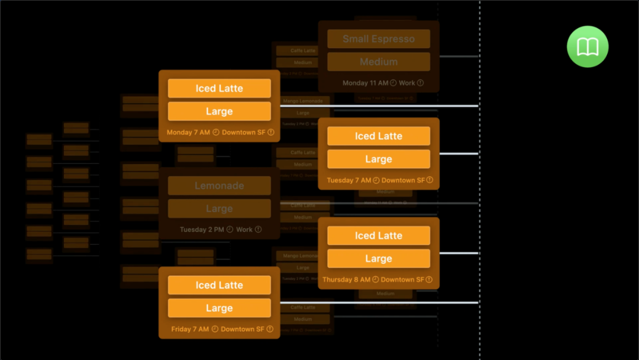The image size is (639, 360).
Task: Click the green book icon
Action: click(x=588, y=47)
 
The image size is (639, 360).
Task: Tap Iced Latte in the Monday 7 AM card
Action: click(x=219, y=88)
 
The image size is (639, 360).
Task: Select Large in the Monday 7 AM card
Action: click(x=219, y=111)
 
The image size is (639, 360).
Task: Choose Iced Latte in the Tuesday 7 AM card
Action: click(x=379, y=136)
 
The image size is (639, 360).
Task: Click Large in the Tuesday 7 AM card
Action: click(x=379, y=159)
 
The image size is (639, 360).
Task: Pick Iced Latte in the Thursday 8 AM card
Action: click(x=379, y=236)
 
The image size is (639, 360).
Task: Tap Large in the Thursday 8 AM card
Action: click(x=379, y=259)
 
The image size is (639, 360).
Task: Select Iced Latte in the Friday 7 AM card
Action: click(x=219, y=285)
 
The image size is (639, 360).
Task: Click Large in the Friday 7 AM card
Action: click(x=219, y=308)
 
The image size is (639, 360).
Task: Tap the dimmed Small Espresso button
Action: click(x=379, y=39)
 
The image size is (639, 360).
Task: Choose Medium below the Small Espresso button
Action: click(x=379, y=62)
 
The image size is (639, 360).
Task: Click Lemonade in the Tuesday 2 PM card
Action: click(x=219, y=186)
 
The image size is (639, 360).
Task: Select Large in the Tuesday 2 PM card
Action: click(x=219, y=208)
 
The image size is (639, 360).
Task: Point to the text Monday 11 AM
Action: click(x=365, y=83)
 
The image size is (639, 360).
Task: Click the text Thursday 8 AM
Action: click(x=346, y=279)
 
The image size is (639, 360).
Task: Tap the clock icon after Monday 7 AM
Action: click(x=216, y=133)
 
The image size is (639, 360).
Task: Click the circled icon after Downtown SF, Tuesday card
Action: click(x=430, y=180)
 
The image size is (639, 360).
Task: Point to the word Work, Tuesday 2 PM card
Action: click(x=244, y=229)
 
